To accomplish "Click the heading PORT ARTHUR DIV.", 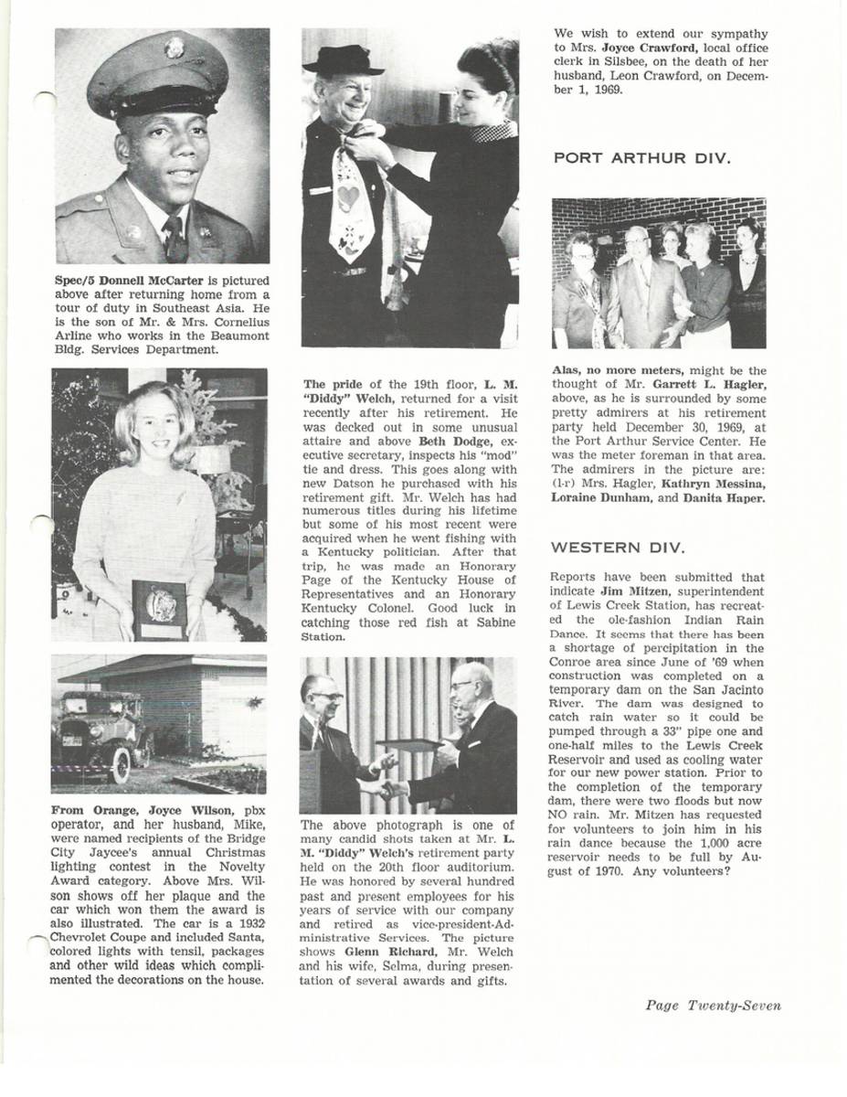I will (x=641, y=158).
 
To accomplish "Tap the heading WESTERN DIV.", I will (x=618, y=548).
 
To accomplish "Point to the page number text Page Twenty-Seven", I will (x=713, y=1006).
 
